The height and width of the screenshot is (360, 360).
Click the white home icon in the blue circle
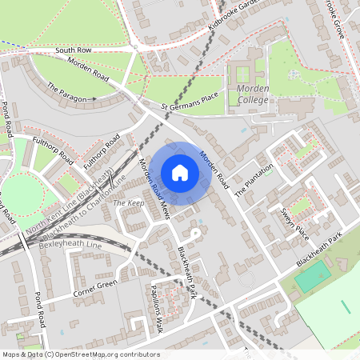click(x=180, y=173)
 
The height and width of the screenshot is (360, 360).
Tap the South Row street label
click(x=74, y=50)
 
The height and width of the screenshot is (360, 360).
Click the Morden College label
click(x=253, y=94)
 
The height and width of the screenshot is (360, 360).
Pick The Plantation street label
click(x=254, y=181)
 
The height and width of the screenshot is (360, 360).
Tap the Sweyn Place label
click(x=294, y=220)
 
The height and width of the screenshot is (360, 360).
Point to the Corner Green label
click(x=95, y=287)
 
